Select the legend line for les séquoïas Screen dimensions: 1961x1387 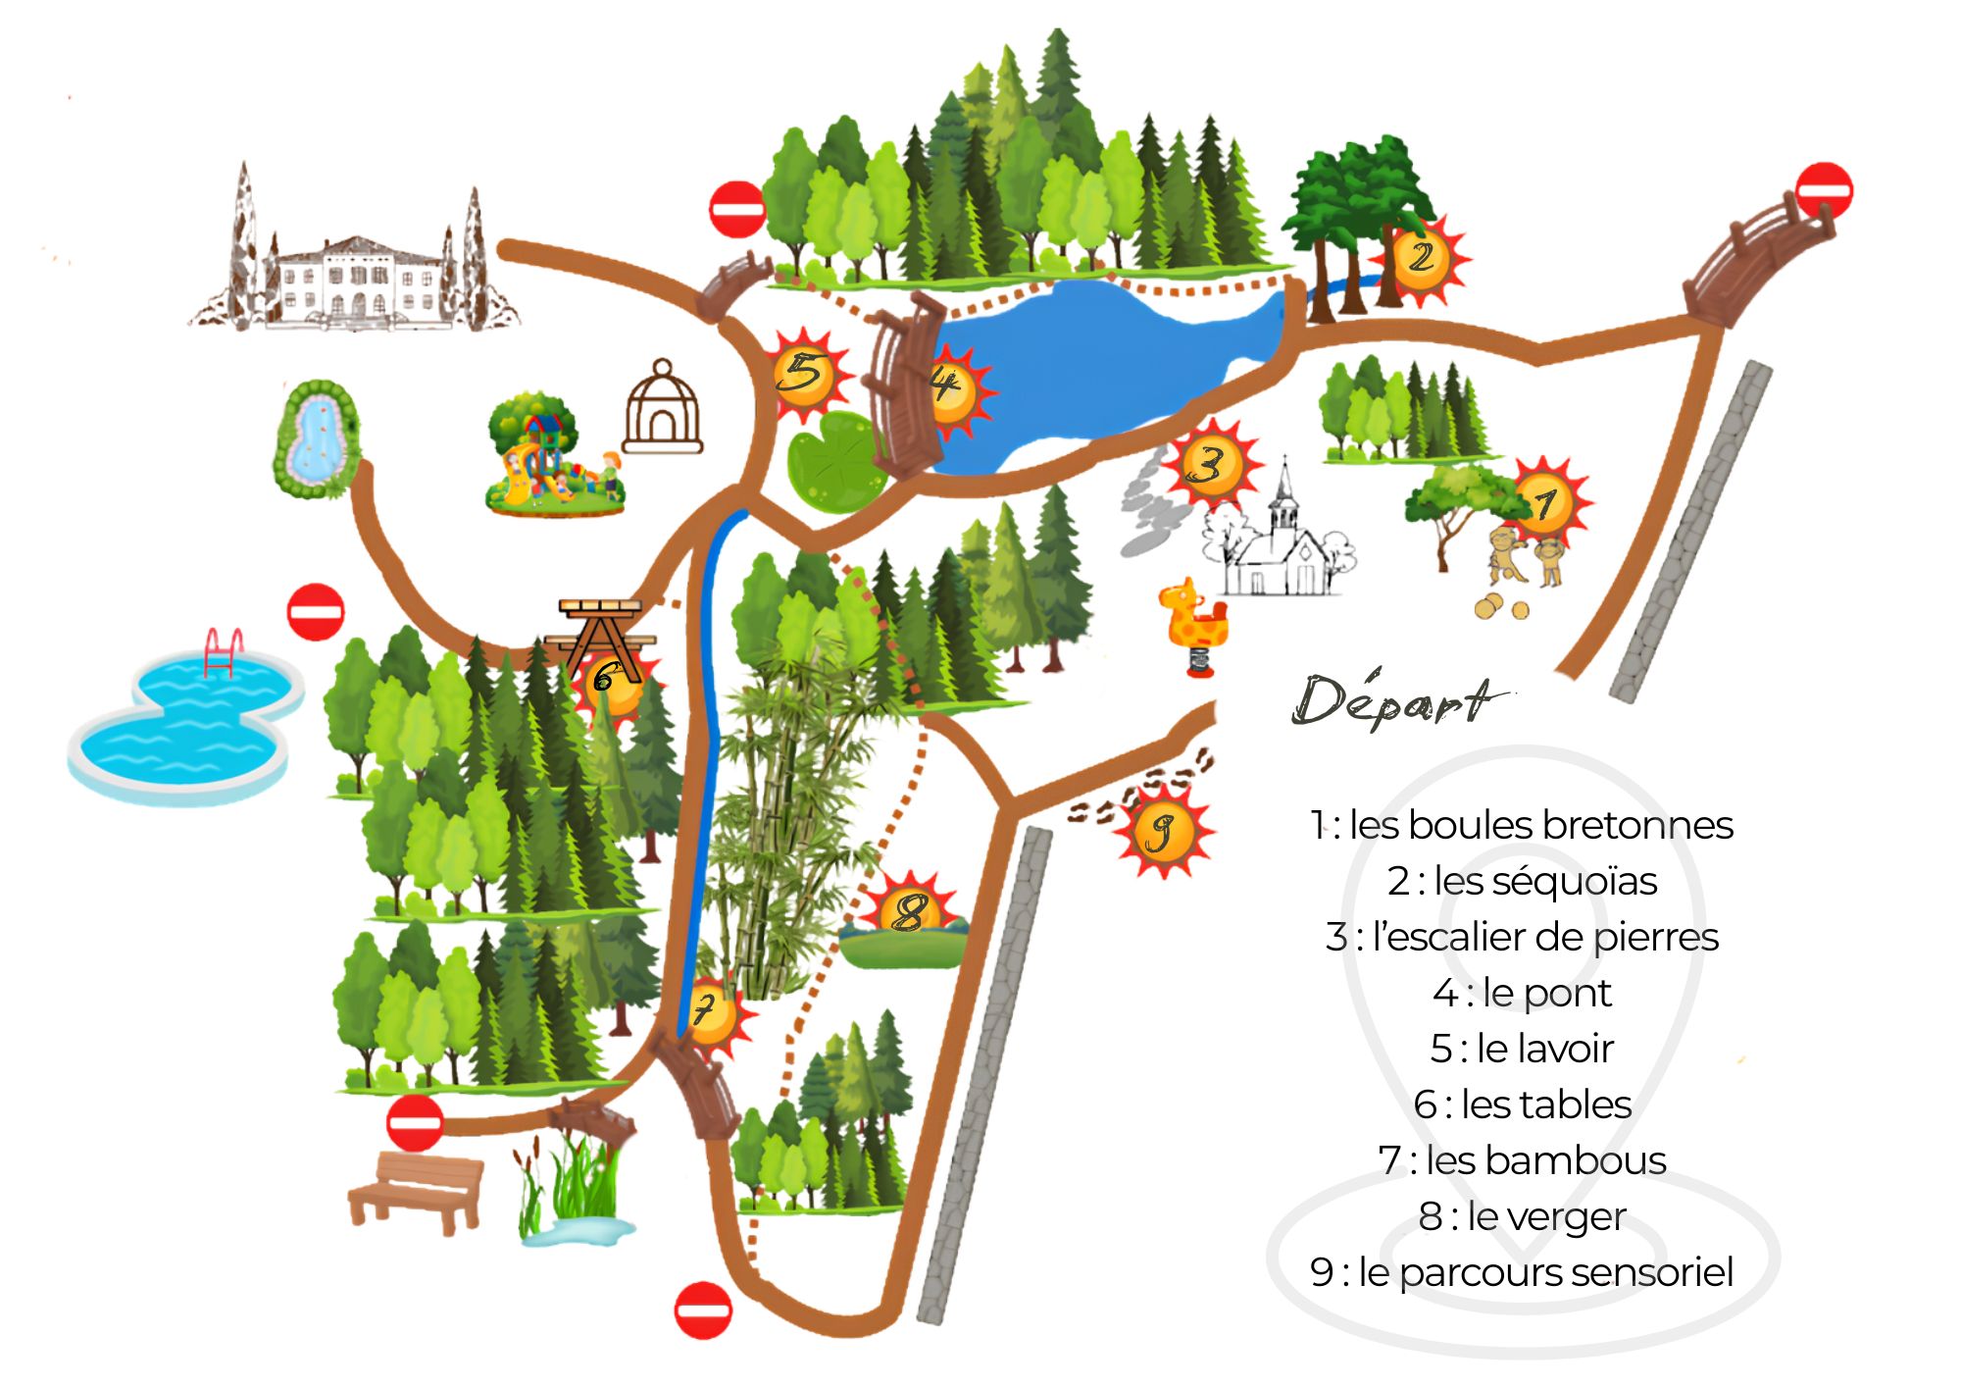[1522, 881]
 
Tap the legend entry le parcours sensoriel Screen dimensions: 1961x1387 [1522, 1272]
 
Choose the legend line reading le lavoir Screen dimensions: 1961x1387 [1522, 1049]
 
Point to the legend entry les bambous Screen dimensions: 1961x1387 [1522, 1160]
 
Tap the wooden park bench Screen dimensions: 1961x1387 [416, 1190]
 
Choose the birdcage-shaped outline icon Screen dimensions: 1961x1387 [663, 407]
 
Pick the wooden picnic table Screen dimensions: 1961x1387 [601, 636]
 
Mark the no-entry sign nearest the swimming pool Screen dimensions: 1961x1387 [316, 612]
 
